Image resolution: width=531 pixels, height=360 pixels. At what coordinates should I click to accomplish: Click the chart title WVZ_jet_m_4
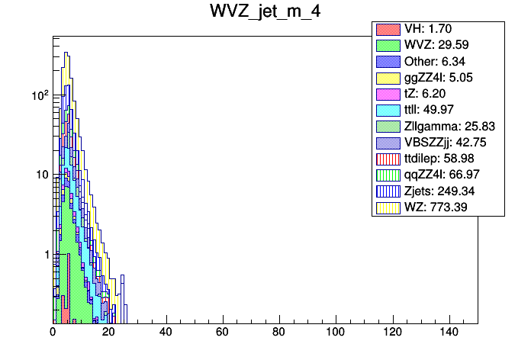(265, 13)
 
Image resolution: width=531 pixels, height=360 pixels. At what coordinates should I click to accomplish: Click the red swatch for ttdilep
(387, 159)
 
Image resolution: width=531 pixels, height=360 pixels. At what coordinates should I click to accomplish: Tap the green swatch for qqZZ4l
(387, 175)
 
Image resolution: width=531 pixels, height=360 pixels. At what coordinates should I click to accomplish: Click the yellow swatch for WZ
(387, 207)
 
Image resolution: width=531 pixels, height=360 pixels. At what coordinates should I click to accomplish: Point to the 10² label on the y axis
(38, 95)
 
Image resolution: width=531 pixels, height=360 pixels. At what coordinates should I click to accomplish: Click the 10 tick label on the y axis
(41, 175)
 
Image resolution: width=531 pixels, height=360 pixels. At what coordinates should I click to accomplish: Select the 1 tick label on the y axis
(45, 254)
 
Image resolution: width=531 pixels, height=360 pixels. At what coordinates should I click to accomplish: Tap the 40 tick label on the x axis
(166, 333)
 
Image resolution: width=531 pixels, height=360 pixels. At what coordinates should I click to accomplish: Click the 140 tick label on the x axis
(448, 333)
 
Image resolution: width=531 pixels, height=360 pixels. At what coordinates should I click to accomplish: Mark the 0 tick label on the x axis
(53, 333)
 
